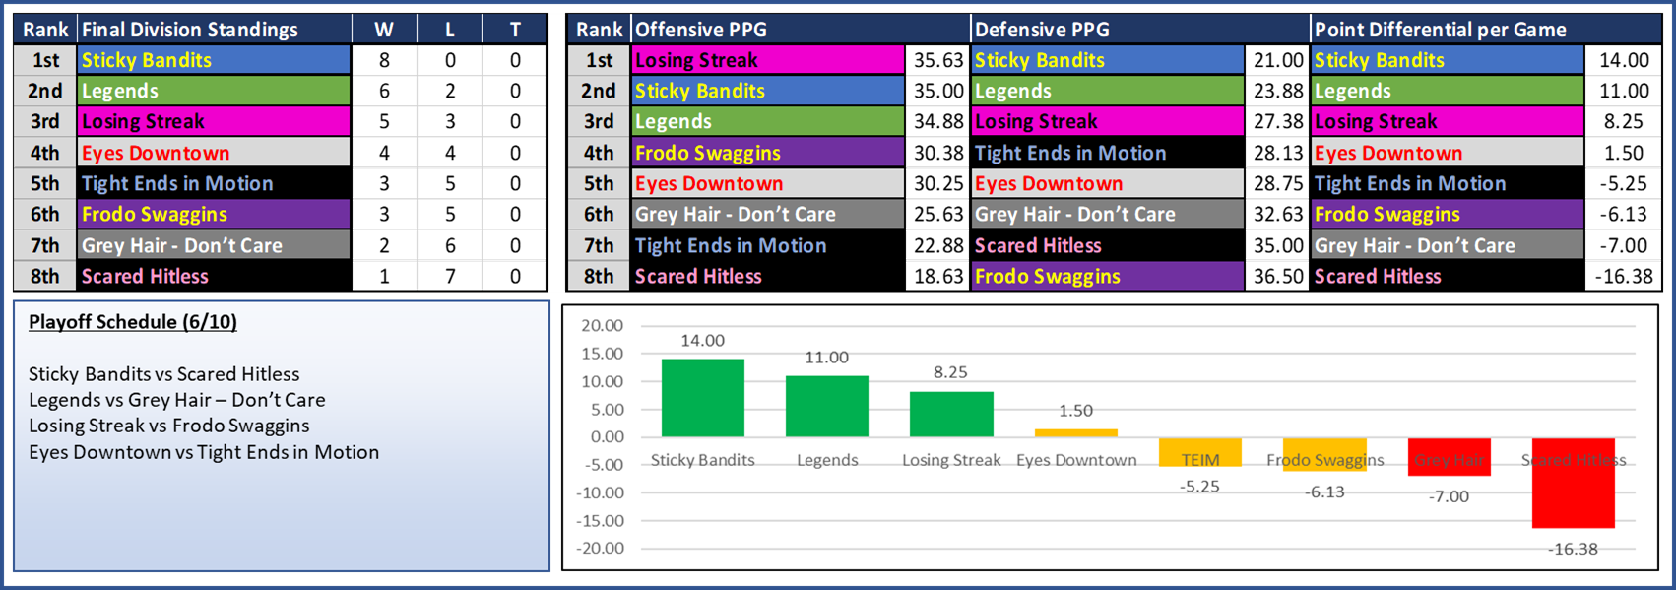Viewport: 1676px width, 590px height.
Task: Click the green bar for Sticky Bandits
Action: coord(702,398)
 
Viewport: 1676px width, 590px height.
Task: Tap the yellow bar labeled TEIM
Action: coord(1199,452)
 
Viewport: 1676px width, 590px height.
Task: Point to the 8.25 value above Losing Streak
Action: coord(950,372)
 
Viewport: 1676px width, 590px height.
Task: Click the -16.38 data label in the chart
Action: coord(1573,549)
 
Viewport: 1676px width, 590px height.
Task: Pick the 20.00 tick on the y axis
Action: coord(602,326)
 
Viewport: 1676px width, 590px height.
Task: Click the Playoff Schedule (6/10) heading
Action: coord(133,322)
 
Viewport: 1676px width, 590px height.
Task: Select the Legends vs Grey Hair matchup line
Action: coord(177,400)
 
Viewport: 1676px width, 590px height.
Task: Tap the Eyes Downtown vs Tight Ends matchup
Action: coord(204,452)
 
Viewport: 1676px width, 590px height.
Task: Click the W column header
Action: coord(384,30)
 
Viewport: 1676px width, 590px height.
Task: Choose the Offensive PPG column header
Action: coord(701,30)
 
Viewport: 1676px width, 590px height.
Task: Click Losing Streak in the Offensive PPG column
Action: coord(696,60)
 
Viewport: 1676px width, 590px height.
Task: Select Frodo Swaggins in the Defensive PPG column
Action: coord(1048,277)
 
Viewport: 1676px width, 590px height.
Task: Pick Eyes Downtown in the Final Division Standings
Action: coord(156,153)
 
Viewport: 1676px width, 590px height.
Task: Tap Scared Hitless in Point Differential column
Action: coord(1378,277)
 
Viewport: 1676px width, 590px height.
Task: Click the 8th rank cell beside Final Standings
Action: coord(45,277)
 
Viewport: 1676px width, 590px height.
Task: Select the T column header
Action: coord(515,30)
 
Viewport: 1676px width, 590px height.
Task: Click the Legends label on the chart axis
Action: coord(827,460)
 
